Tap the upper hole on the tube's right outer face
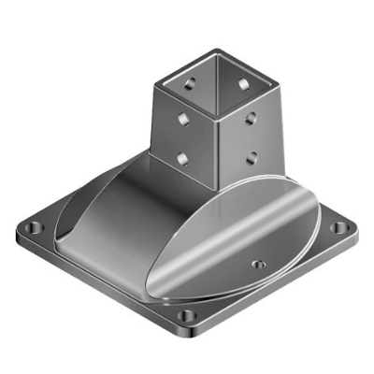coord(251,119)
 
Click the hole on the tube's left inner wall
coord(192,84)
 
